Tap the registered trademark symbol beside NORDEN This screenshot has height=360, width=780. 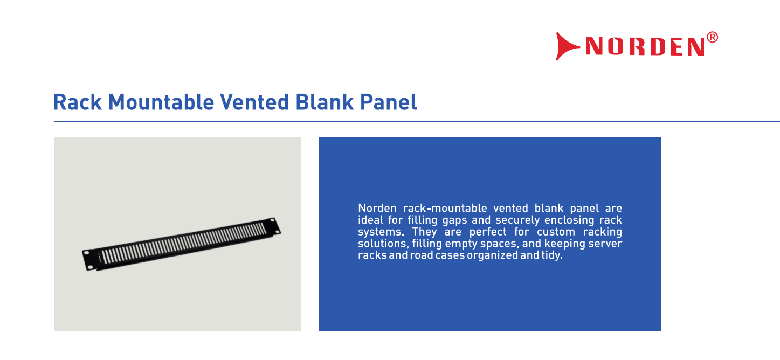coord(713,37)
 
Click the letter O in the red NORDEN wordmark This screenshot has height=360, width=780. coord(616,46)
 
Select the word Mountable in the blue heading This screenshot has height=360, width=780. coord(161,102)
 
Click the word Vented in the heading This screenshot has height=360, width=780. coord(254,102)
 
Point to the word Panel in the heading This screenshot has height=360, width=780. coord(388,102)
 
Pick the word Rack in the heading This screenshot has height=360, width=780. coord(77,102)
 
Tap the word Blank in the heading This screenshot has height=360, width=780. coord(324,102)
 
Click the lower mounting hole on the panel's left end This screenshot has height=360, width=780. coord(90,267)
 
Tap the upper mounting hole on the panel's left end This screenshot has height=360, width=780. coord(87,252)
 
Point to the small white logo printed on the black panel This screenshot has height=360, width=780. coord(99,257)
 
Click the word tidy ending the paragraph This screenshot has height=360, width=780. coord(552,255)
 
